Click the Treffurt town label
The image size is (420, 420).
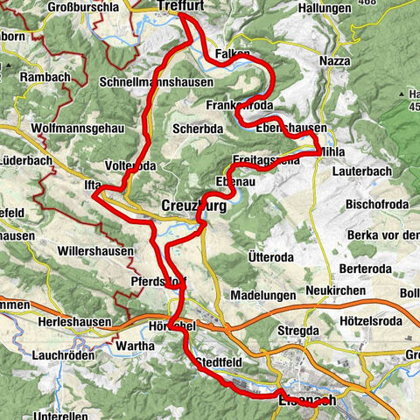181,6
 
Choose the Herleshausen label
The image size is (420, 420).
74,322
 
